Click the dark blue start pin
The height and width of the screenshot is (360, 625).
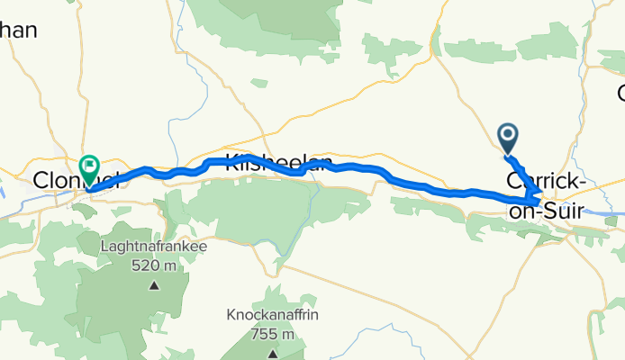pos(508,139)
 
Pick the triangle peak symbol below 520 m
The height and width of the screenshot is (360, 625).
pos(153,286)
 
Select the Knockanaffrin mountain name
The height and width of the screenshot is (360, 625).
pos(272,316)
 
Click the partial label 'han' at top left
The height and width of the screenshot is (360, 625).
pos(18,31)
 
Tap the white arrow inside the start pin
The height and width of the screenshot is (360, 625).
pos(508,136)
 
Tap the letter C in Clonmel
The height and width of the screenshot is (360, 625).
pos(40,181)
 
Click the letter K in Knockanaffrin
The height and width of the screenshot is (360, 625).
pos(231,316)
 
